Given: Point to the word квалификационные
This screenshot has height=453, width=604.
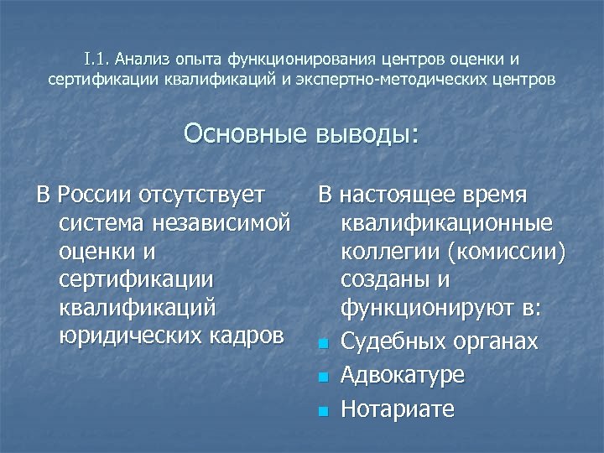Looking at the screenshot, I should point(446,224).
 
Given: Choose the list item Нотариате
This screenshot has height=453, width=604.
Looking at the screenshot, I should point(397,409).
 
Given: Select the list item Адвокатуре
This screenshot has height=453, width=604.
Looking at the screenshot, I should point(402,375).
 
